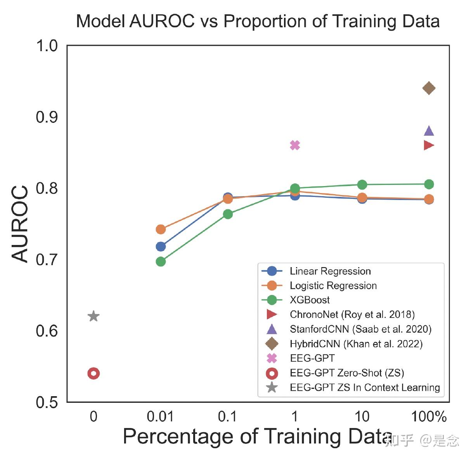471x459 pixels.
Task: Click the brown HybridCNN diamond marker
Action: point(429,88)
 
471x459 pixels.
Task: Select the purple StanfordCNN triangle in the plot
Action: point(429,131)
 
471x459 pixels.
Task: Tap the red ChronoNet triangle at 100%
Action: point(429,145)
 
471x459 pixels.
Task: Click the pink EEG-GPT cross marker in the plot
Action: point(295,145)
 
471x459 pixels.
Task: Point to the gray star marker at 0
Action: point(94,316)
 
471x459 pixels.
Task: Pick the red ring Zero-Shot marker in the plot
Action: point(94,373)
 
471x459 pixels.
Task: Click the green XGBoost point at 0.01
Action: point(161,262)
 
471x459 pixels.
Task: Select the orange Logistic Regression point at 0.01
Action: point(161,229)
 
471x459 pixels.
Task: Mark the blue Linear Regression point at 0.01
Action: point(161,247)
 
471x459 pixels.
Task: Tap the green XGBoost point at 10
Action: point(362,185)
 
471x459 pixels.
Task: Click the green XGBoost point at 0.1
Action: point(228,214)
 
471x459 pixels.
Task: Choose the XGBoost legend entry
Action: point(310,300)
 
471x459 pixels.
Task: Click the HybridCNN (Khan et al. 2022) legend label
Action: point(356,344)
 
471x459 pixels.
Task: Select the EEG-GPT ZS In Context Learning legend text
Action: point(365,388)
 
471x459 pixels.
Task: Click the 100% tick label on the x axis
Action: point(429,417)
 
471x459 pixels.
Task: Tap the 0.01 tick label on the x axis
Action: point(160,417)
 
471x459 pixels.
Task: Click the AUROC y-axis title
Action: point(20,224)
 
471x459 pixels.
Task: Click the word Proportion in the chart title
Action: point(265,21)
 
